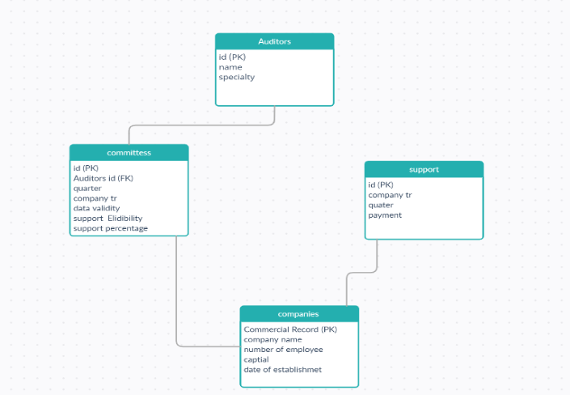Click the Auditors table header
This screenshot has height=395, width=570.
[274, 41]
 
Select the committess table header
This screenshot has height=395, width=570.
[129, 152]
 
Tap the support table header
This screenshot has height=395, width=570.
[424, 169]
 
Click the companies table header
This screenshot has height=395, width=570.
[298, 314]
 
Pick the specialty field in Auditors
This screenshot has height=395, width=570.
[237, 78]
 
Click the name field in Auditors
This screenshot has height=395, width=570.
[230, 67]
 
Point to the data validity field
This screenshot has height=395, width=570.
[96, 208]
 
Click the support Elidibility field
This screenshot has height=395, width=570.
[108, 219]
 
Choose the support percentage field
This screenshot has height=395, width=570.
[110, 228]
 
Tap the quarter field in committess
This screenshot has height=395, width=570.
[87, 188]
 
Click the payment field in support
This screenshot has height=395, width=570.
[385, 215]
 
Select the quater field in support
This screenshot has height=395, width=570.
[381, 205]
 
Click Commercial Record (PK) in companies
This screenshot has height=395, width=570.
[289, 329]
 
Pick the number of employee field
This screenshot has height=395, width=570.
[283, 350]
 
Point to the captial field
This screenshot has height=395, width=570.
[256, 359]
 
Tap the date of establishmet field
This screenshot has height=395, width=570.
[282, 370]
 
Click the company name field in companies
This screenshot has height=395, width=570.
[272, 340]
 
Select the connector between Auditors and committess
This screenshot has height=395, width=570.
[202, 125]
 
